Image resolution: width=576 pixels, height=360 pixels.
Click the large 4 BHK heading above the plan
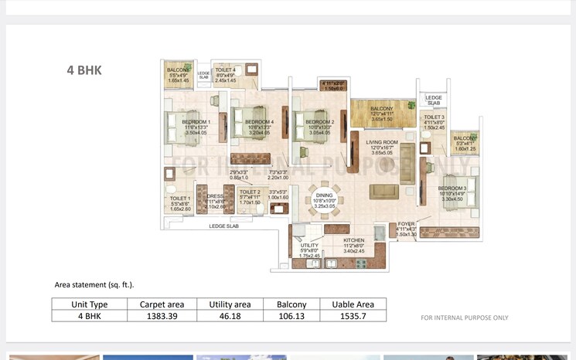(84, 70)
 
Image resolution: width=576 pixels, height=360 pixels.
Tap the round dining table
(322, 199)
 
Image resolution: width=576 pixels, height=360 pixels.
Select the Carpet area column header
(161, 304)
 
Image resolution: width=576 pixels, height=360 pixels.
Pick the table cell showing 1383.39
(161, 315)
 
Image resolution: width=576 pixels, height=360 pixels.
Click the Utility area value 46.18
(230, 315)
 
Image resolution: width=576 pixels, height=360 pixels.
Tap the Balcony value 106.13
(292, 315)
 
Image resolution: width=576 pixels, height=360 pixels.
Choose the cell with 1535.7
(353, 315)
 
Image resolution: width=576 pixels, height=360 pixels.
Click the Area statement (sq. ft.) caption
(94, 285)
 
